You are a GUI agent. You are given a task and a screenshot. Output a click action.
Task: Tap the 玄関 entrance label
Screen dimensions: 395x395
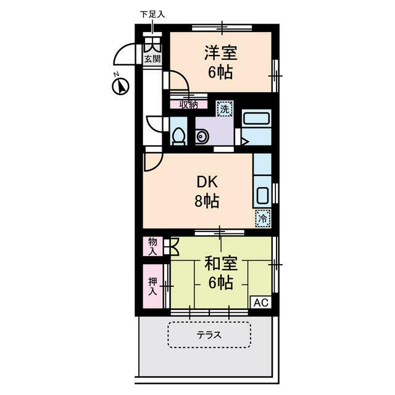[152, 59]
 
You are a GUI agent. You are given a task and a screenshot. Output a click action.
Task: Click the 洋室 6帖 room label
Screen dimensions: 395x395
[220, 62]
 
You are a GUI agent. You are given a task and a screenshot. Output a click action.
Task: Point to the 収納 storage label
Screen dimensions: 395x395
[188, 104]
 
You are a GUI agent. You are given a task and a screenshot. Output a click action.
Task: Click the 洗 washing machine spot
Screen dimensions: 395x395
[225, 109]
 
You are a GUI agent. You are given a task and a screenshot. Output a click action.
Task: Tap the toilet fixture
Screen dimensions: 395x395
[178, 136]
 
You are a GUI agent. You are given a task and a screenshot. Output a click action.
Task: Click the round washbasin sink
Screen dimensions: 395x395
[201, 137]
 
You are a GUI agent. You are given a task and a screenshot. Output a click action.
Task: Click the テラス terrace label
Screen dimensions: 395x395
[209, 336]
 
